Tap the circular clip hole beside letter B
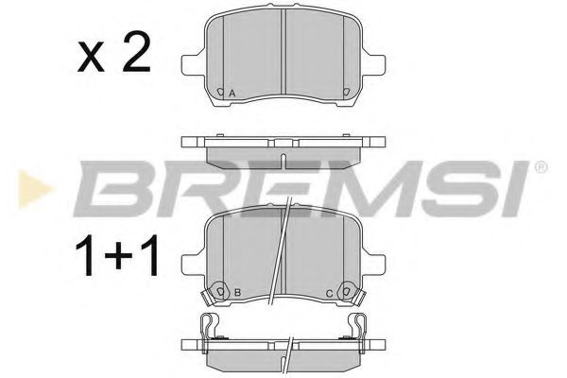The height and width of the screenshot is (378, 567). pyautogui.click(x=220, y=290)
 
